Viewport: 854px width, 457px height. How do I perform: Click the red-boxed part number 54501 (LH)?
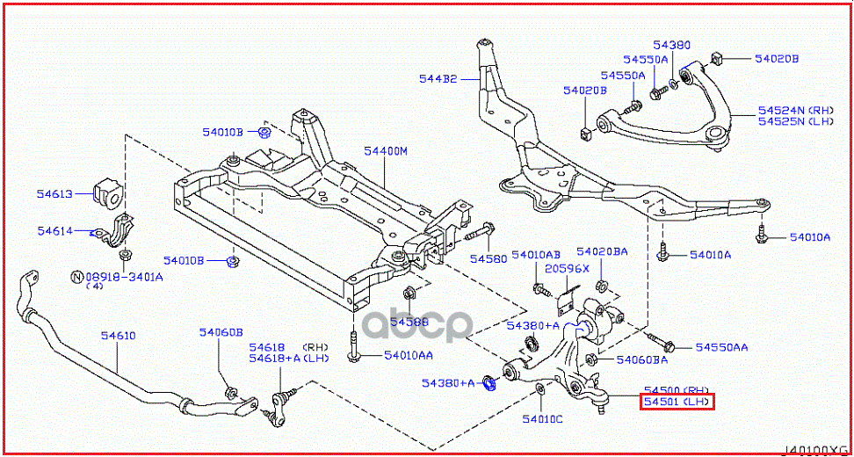[x=677, y=403]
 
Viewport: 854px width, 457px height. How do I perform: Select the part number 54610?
[x=118, y=335]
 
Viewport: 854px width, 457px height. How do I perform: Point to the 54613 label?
[x=54, y=193]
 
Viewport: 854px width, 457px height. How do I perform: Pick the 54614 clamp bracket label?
[x=54, y=230]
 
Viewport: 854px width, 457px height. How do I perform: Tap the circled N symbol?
[x=76, y=277]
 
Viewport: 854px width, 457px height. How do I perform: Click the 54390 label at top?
[x=671, y=44]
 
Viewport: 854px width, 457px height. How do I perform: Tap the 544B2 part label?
[x=437, y=79]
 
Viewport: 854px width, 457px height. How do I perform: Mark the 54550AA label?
[x=721, y=347]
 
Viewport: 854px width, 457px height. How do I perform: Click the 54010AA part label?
[x=408, y=355]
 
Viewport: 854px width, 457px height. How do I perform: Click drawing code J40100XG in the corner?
[x=814, y=448]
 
